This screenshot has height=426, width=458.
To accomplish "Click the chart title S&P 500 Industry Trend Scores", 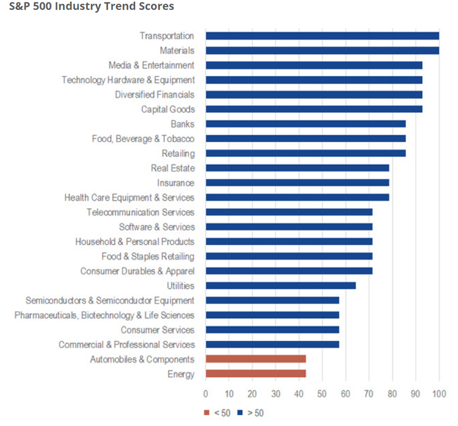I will [x=87, y=7].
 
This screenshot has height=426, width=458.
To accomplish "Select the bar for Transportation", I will [x=322, y=36].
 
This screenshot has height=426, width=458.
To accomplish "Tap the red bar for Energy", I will [x=255, y=374].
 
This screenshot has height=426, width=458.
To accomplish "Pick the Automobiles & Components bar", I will [x=255, y=359].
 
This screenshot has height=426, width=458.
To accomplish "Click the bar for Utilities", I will [x=280, y=286].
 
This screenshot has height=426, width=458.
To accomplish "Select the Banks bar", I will [x=305, y=124].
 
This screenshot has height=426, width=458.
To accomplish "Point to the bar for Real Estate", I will [x=297, y=168].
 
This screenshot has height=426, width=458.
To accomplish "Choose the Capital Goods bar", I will [x=314, y=109].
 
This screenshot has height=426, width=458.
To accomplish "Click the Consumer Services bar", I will [x=272, y=330].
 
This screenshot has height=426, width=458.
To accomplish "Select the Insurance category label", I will [x=175, y=182].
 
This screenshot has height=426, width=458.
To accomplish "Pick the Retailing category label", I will [x=178, y=153].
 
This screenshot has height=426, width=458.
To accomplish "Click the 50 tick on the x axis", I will [x=322, y=393].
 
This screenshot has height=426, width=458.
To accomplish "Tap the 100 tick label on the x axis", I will [x=438, y=393].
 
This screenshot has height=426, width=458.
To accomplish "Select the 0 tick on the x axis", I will [x=206, y=393].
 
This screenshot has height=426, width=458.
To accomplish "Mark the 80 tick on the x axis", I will [x=392, y=393].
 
